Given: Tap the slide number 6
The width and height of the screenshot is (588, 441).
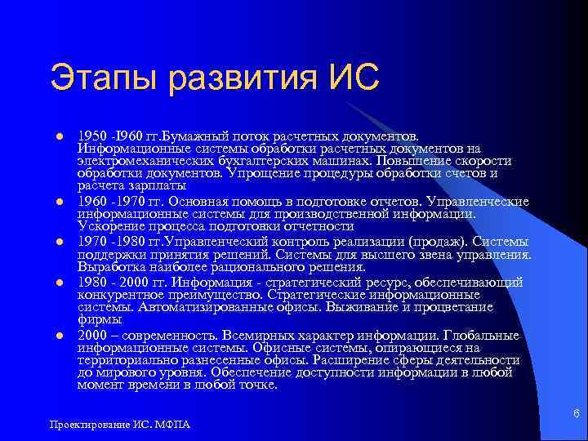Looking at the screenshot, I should (x=577, y=415).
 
